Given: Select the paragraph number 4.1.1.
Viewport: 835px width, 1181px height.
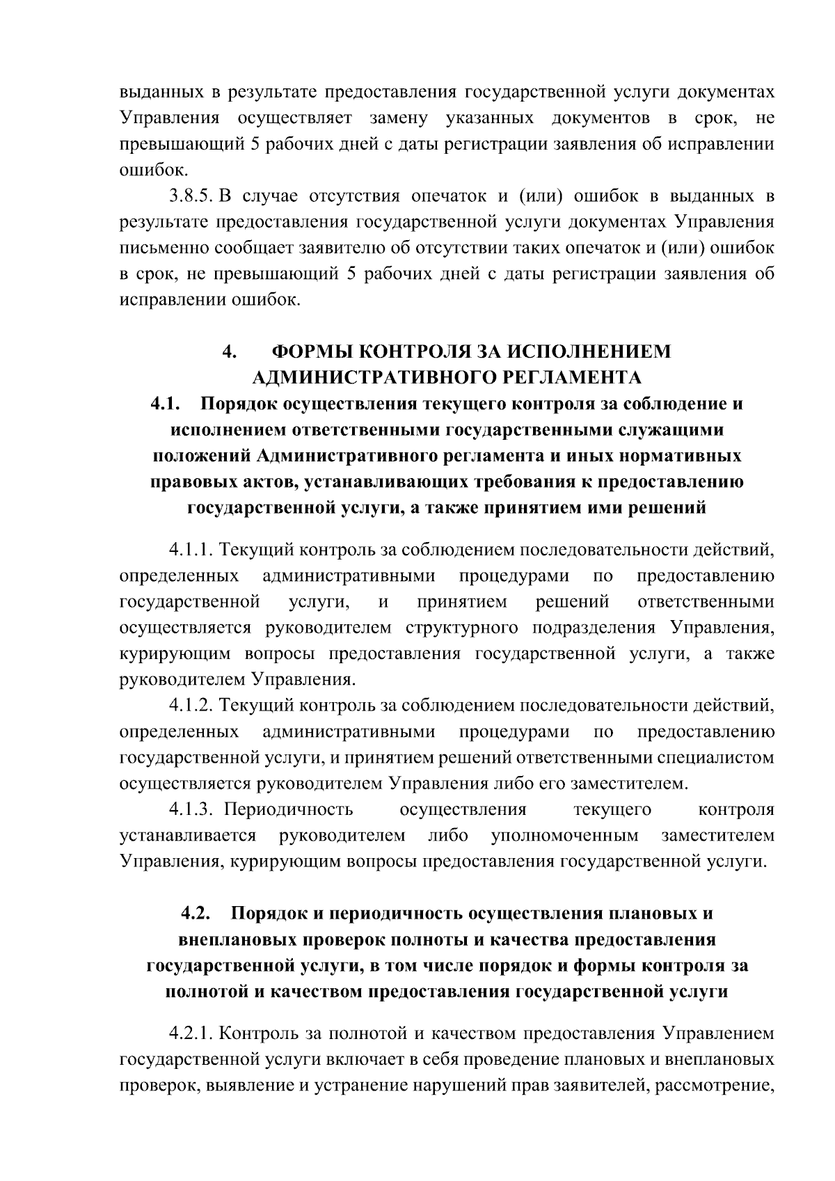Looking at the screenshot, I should [191, 550].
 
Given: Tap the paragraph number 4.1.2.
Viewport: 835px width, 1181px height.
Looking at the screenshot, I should [191, 706].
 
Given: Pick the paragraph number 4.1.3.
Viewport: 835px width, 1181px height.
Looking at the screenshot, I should [191, 809].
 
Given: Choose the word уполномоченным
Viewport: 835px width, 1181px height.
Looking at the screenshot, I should [564, 835].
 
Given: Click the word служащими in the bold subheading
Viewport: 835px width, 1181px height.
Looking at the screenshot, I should [672, 430].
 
